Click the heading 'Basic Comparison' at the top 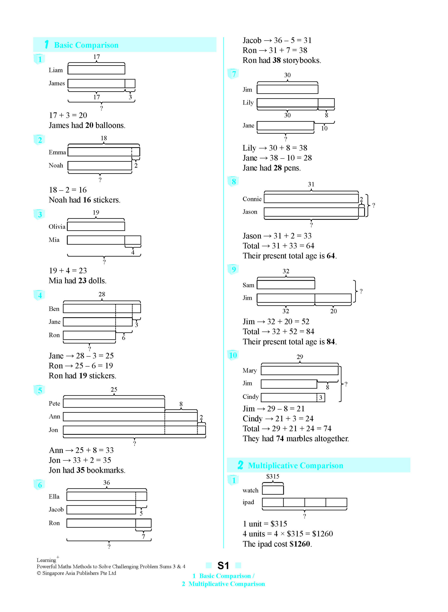click(x=86, y=45)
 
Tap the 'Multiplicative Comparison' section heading click(x=295, y=465)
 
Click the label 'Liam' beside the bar click(x=56, y=70)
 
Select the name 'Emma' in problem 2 click(x=57, y=152)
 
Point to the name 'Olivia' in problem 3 click(x=57, y=226)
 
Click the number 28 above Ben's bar click(x=102, y=294)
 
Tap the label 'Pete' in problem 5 click(x=54, y=403)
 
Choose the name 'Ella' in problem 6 click(x=54, y=497)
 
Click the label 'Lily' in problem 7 click(x=248, y=102)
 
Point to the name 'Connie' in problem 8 click(x=252, y=199)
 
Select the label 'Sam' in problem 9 click(x=248, y=285)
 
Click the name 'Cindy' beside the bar click(x=251, y=397)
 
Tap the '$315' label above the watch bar click(x=273, y=476)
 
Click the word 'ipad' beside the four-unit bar click(x=248, y=502)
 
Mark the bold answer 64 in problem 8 click(x=330, y=256)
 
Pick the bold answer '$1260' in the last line click(x=300, y=544)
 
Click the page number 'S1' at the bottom click(x=223, y=566)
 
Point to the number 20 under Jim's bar click(x=333, y=311)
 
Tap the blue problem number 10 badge click(x=233, y=355)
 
